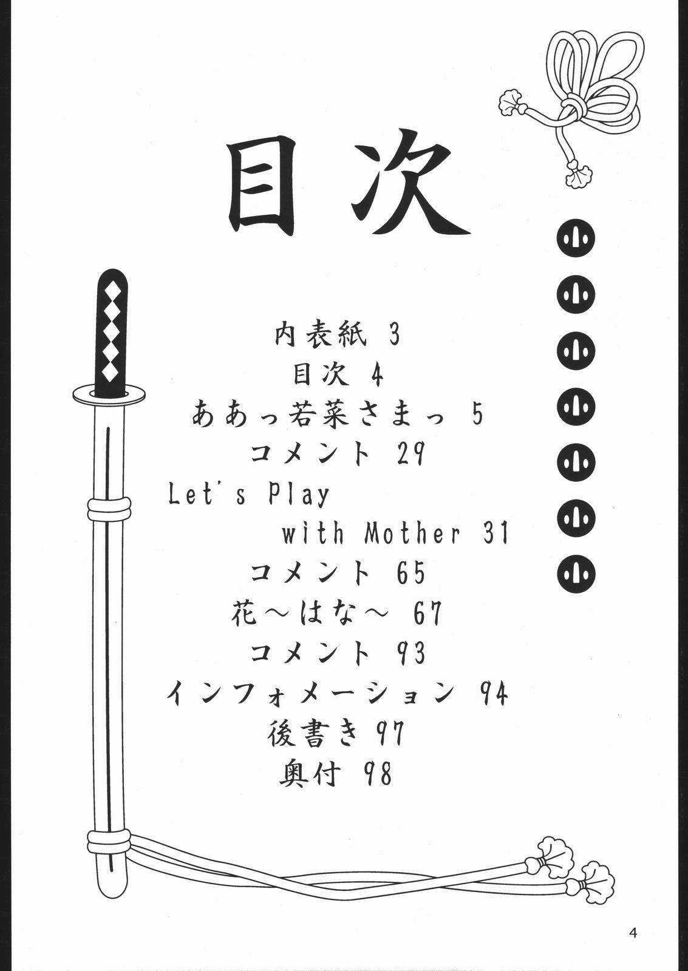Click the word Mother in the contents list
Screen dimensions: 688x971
[412, 533]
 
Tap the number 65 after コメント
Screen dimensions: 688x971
[410, 573]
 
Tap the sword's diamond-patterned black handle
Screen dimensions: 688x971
[112, 331]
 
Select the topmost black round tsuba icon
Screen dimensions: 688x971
[576, 239]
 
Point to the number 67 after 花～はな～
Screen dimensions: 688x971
[427, 613]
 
